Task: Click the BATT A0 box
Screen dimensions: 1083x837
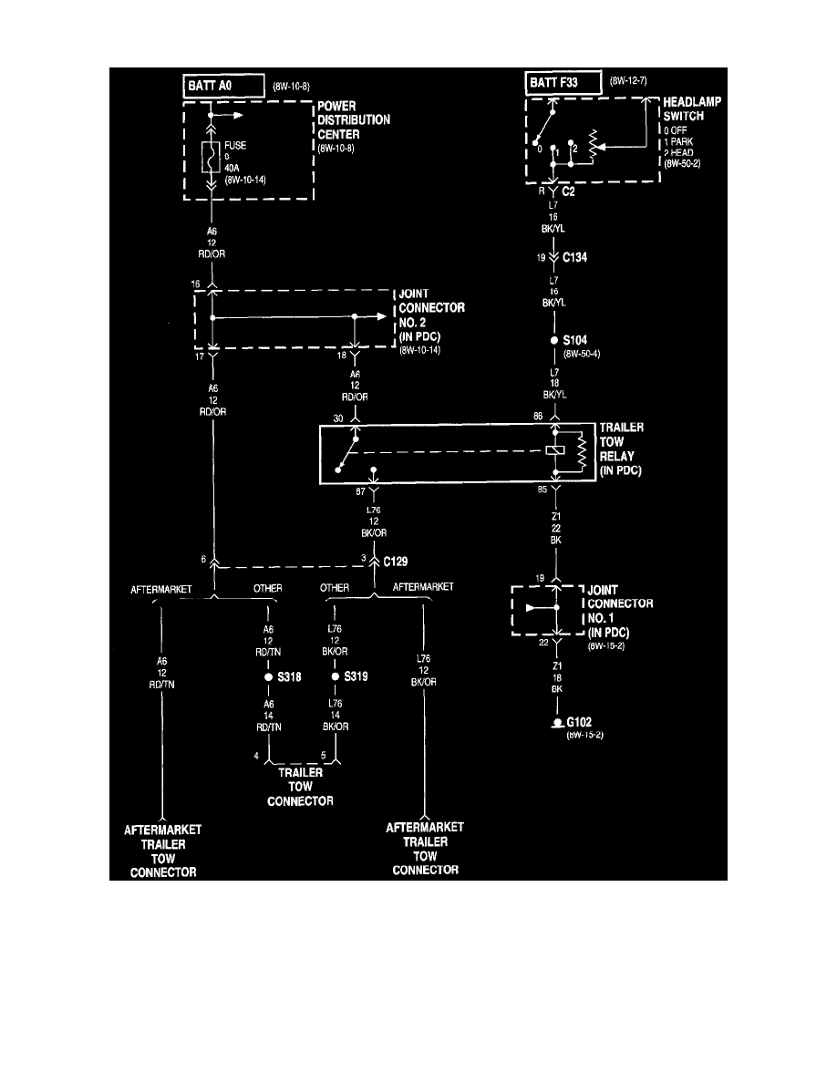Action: pyautogui.click(x=222, y=87)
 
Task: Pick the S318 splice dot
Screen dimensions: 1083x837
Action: pyautogui.click(x=267, y=678)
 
